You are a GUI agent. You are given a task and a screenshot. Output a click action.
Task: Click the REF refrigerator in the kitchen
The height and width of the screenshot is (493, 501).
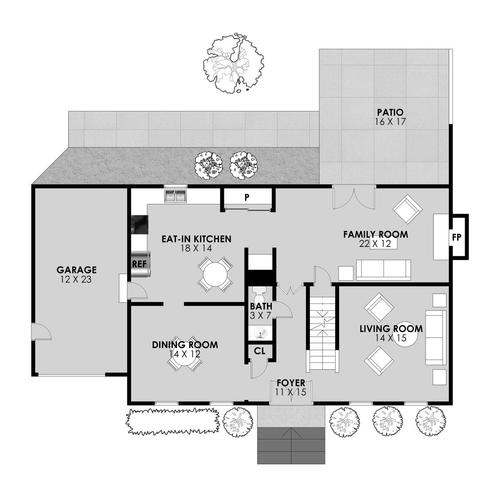pyautogui.click(x=140, y=264)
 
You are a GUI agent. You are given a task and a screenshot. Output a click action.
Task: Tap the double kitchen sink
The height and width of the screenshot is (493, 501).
pyautogui.click(x=175, y=196)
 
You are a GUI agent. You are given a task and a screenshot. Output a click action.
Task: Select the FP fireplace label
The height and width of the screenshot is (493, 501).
pyautogui.click(x=457, y=237)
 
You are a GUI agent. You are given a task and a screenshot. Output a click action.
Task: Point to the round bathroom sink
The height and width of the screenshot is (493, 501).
pyautogui.click(x=260, y=333)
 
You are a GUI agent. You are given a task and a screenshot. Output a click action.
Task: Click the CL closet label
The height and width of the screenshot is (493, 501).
pyautogui.click(x=260, y=351)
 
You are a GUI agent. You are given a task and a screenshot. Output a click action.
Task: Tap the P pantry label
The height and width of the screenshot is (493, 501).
pyautogui.click(x=247, y=197)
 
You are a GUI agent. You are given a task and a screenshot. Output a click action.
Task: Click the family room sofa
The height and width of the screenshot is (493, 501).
pyautogui.click(x=384, y=270)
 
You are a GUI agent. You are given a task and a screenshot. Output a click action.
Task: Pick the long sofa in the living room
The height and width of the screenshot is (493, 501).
pyautogui.click(x=435, y=337)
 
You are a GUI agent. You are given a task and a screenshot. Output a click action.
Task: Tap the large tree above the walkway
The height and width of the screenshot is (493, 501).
pyautogui.click(x=234, y=63)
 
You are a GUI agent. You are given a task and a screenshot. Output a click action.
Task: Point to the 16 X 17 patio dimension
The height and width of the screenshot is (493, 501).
pyautogui.click(x=390, y=122)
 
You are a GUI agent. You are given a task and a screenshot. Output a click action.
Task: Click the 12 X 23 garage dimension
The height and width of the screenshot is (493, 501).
pyautogui.click(x=76, y=279)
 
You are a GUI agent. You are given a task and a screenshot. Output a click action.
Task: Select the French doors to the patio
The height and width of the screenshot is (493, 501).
pyautogui.click(x=354, y=199)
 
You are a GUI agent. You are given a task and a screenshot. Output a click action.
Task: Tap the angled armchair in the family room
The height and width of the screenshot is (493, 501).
pyautogui.click(x=408, y=209)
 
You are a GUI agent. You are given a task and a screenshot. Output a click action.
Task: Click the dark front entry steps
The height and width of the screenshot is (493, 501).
pyautogui.click(x=291, y=445)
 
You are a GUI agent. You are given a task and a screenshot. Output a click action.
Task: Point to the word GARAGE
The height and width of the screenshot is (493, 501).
pyautogui.click(x=76, y=270)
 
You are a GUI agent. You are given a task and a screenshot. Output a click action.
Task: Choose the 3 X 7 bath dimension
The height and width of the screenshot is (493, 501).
pyautogui.click(x=260, y=315)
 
